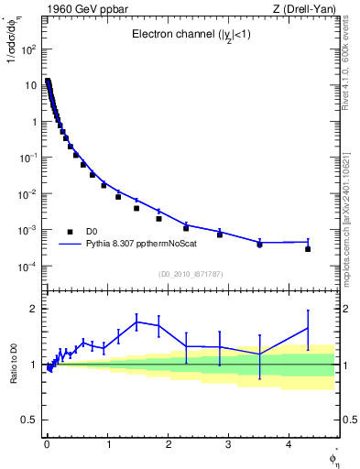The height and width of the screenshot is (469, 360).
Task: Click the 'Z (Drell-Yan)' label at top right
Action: [x=307, y=9]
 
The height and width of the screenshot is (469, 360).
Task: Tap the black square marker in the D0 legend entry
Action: [x=70, y=233]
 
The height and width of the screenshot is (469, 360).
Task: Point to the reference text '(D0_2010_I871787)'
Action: [x=190, y=274]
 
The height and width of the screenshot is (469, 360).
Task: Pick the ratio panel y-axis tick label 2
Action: [x=35, y=309]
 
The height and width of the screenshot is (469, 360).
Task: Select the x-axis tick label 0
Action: [x=47, y=444]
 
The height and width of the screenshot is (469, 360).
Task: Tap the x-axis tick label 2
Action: [x=167, y=444]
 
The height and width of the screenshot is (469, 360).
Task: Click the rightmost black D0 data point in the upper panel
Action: [x=308, y=249]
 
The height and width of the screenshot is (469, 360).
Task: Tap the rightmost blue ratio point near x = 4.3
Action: [x=308, y=327]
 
